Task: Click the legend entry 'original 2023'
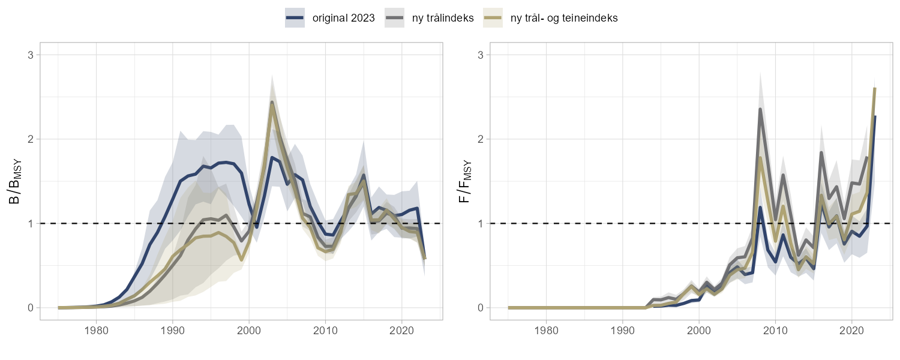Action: coord(343,18)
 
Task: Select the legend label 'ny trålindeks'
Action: coord(443,18)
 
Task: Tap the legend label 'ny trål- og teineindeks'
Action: coord(563,18)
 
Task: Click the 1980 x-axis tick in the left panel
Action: coord(97,330)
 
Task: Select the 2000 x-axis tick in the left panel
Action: coord(249,330)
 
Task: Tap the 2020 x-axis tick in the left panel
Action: coord(401,330)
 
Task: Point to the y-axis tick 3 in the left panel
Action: coord(31,55)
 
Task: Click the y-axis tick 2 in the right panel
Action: coord(481,139)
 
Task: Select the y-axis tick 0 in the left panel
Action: coord(31,308)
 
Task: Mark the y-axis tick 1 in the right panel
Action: coord(481,223)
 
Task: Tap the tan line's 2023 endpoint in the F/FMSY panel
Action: coord(875,89)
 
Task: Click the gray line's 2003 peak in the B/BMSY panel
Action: coord(272,103)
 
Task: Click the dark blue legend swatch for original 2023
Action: coord(295,18)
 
